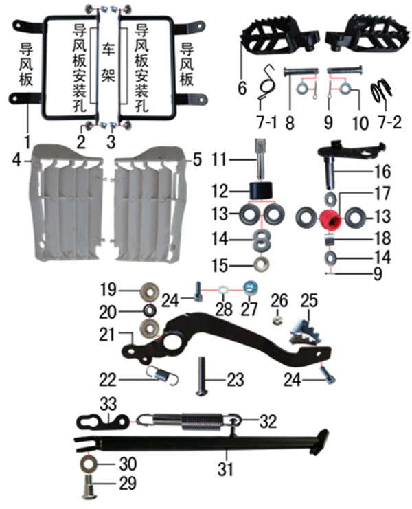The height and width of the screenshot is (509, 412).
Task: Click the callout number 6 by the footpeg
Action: coord(242,89)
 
